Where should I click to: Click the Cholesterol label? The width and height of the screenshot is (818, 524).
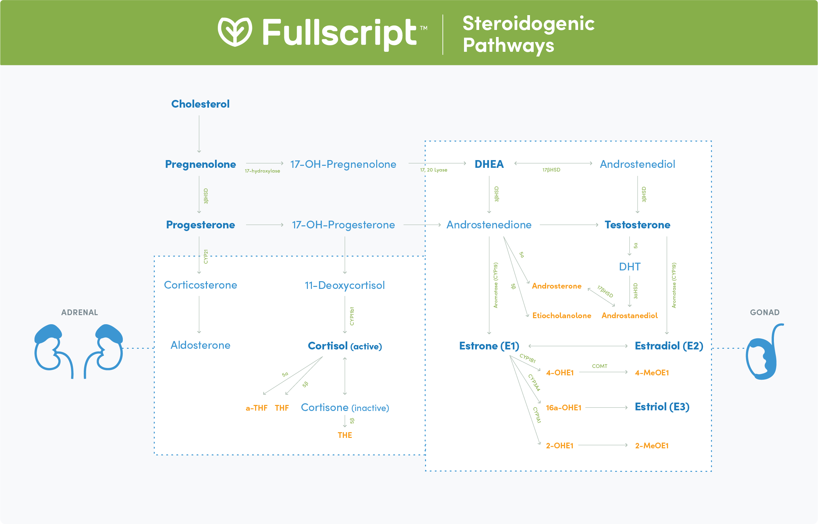point(200,104)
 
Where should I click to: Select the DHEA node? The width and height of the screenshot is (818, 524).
point(489,164)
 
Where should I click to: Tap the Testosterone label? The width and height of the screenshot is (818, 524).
point(637,225)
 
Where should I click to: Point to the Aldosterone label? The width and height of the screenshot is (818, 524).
point(200,345)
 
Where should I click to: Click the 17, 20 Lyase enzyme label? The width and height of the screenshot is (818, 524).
point(433,170)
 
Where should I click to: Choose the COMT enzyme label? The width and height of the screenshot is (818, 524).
point(600,366)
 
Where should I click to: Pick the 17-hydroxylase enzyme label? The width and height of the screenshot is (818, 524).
point(262,171)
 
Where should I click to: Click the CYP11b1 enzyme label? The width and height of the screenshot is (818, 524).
point(352,316)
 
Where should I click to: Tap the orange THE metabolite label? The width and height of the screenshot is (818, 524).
point(345,435)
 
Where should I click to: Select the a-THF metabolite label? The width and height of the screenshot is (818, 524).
point(256,408)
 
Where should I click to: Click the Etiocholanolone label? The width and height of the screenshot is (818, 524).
point(562,315)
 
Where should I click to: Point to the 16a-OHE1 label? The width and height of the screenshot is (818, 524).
point(563,408)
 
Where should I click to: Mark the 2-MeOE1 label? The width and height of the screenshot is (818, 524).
point(651,446)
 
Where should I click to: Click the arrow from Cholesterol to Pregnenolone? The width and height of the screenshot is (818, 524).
point(199,134)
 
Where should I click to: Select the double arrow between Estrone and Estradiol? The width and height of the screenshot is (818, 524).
point(578,346)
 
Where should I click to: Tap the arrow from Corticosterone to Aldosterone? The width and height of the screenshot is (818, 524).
point(199,315)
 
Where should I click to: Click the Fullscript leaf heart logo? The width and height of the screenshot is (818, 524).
point(235,32)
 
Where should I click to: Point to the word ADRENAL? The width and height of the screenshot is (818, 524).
point(79,312)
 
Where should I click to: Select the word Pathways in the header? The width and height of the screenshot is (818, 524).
point(508,45)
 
